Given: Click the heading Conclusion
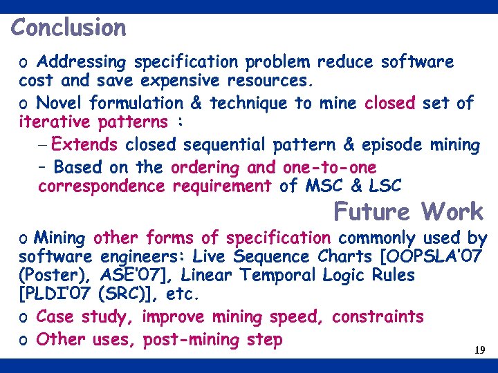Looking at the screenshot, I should (68, 28).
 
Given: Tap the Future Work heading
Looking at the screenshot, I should (408, 211).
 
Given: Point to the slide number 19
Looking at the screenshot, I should (479, 351).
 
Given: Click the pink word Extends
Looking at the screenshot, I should (85, 145).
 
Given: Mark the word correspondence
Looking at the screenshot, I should (102, 186).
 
